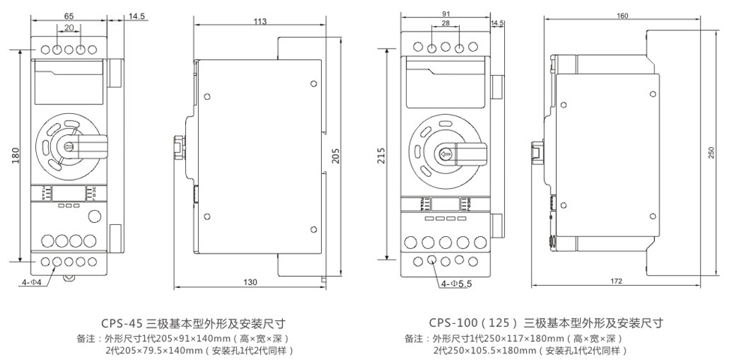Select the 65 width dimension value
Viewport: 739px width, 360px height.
tap(68, 15)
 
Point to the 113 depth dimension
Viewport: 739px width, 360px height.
tap(260, 22)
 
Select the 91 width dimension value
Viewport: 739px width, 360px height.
tap(446, 14)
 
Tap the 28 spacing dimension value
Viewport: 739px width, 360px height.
tap(446, 25)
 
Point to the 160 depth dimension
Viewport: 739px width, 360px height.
tap(621, 16)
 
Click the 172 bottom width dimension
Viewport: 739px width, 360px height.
tap(617, 281)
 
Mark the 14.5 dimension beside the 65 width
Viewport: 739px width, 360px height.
tap(137, 15)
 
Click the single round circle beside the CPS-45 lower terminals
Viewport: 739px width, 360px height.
tap(95, 217)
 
